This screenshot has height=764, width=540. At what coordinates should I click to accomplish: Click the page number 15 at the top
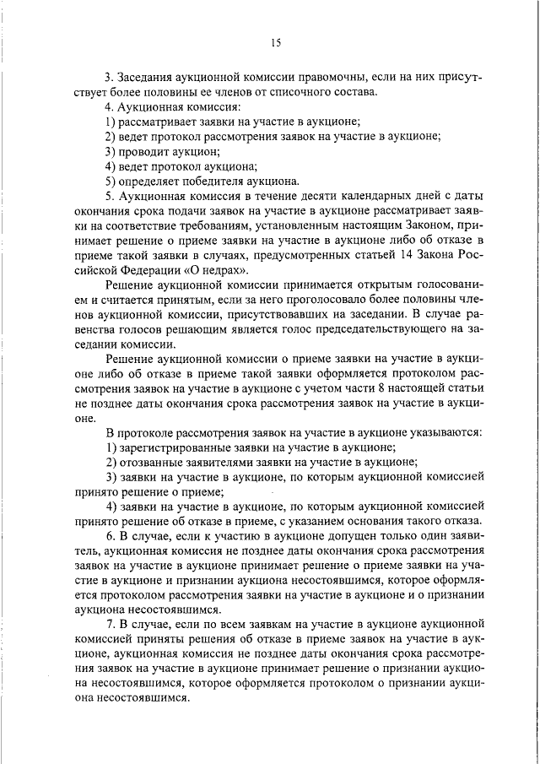(275, 43)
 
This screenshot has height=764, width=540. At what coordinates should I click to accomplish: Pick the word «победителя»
(208, 181)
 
